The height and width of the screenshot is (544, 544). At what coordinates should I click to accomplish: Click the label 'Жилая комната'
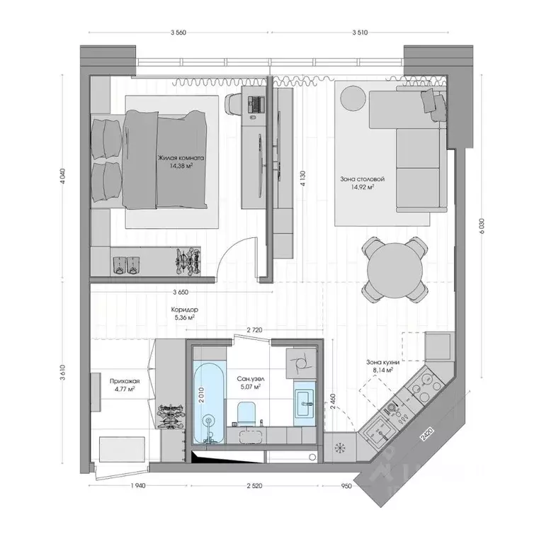[x=182, y=159]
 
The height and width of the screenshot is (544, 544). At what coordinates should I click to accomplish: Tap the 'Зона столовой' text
[x=357, y=179]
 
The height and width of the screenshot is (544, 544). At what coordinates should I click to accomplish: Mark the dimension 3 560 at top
[x=183, y=33]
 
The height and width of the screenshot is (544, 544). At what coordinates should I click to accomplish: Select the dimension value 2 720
[x=257, y=330]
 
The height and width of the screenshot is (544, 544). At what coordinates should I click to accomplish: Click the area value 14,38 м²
[x=182, y=168]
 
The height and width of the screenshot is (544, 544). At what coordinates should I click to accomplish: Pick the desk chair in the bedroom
[x=232, y=104]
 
